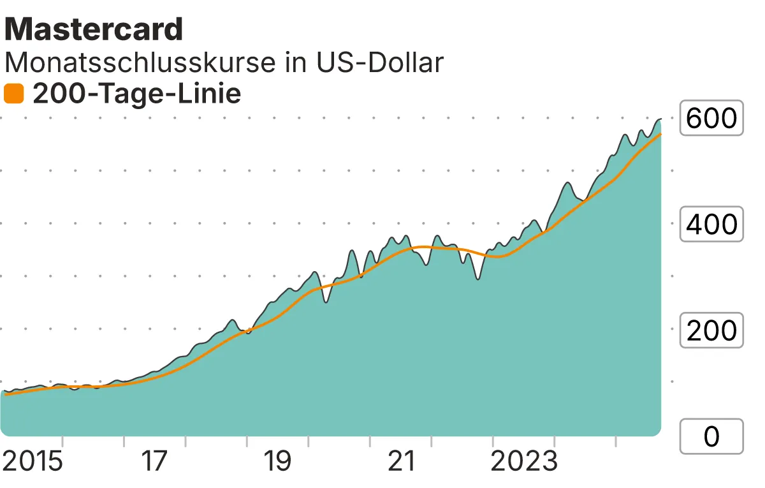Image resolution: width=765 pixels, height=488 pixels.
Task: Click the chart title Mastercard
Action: [x=94, y=29]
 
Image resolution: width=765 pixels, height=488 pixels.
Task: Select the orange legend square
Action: [x=13, y=94]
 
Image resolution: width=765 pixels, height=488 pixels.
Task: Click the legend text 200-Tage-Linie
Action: [x=136, y=94]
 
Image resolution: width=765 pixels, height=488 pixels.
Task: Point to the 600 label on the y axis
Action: [x=711, y=118]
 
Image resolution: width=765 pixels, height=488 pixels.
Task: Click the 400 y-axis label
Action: [x=711, y=224]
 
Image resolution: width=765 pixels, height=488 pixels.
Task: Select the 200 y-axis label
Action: [x=711, y=330]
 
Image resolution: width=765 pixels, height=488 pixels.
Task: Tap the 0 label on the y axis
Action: [x=711, y=436]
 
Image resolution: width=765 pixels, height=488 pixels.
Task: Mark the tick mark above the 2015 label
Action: [x=62, y=441]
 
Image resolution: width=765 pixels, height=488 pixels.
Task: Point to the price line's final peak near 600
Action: [x=659, y=119]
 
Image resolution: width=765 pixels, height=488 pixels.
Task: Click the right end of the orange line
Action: [x=660, y=134]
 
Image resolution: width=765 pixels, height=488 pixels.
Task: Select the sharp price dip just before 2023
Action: [x=477, y=279]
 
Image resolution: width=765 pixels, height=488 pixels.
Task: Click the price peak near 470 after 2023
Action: [x=567, y=183]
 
